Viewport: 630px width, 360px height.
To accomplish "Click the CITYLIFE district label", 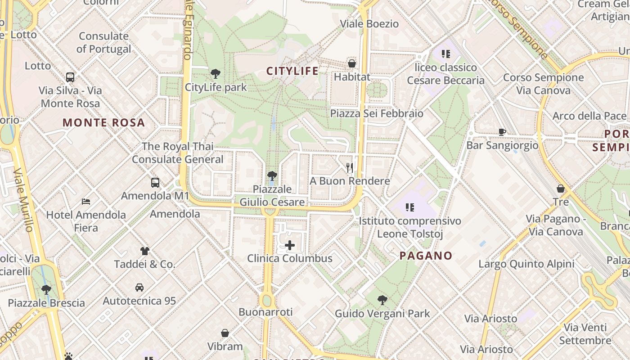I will (x=292, y=71).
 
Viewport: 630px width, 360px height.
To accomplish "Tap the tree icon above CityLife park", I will (x=216, y=73).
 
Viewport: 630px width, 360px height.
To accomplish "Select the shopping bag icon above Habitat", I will (x=352, y=63).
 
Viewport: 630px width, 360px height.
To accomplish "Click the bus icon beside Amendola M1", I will (x=155, y=183).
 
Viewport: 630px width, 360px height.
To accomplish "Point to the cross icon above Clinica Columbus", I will (x=290, y=245).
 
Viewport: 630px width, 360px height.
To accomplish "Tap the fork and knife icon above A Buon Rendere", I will (x=350, y=168).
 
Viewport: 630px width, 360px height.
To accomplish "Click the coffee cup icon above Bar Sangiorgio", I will (x=502, y=132).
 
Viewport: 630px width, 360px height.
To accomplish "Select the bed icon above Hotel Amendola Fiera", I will (x=86, y=201).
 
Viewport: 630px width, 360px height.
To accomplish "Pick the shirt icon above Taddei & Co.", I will (x=144, y=251).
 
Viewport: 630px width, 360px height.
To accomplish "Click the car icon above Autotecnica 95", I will (x=139, y=287).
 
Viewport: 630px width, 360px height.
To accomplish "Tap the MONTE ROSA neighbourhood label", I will (x=103, y=122).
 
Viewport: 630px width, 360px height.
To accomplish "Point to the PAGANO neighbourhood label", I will (x=426, y=256).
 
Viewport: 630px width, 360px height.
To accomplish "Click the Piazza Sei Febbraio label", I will (x=377, y=113).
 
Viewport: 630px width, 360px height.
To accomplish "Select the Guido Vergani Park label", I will (x=382, y=313).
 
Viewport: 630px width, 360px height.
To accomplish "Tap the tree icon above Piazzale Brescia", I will (x=46, y=289).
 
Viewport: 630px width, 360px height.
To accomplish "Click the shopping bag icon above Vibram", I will (x=225, y=333).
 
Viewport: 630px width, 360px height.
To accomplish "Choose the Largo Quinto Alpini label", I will (x=526, y=264).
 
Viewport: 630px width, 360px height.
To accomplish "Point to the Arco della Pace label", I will (x=589, y=116).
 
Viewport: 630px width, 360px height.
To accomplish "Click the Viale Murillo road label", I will (x=23, y=200).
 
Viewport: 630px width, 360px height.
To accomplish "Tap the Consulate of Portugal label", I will (x=104, y=42).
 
